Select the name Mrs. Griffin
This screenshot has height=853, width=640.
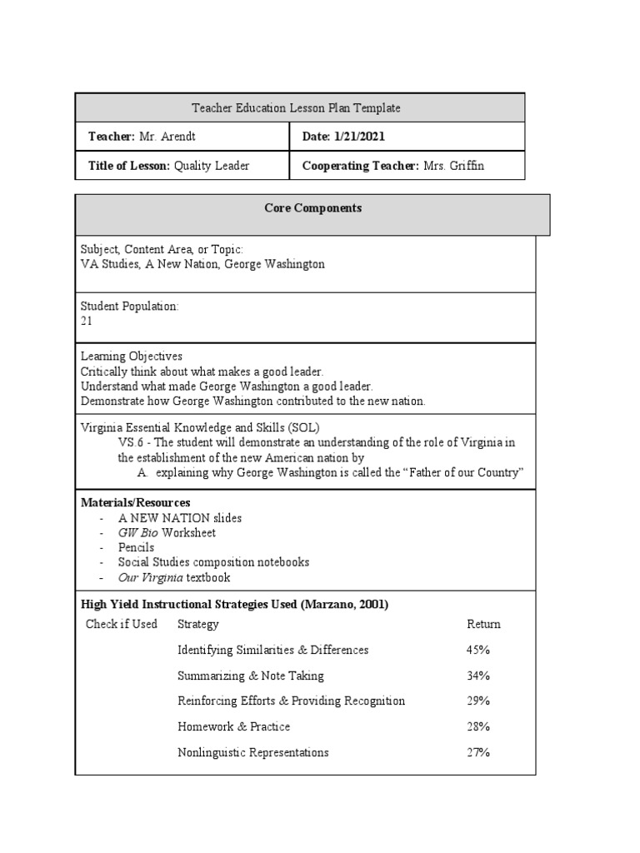[x=453, y=166]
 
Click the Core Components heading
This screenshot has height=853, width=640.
[x=312, y=208]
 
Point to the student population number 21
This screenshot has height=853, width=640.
[x=87, y=321]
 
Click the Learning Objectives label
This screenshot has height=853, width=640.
[x=132, y=357]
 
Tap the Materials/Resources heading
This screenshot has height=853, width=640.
[x=135, y=503]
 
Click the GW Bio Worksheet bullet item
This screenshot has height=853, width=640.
[x=167, y=533]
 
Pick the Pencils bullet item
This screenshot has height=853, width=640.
[x=136, y=548]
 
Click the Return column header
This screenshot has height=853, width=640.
[x=483, y=624]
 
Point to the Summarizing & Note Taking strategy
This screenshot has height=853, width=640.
[x=251, y=676]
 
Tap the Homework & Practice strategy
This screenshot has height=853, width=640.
[x=234, y=727]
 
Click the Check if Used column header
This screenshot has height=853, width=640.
[x=122, y=624]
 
